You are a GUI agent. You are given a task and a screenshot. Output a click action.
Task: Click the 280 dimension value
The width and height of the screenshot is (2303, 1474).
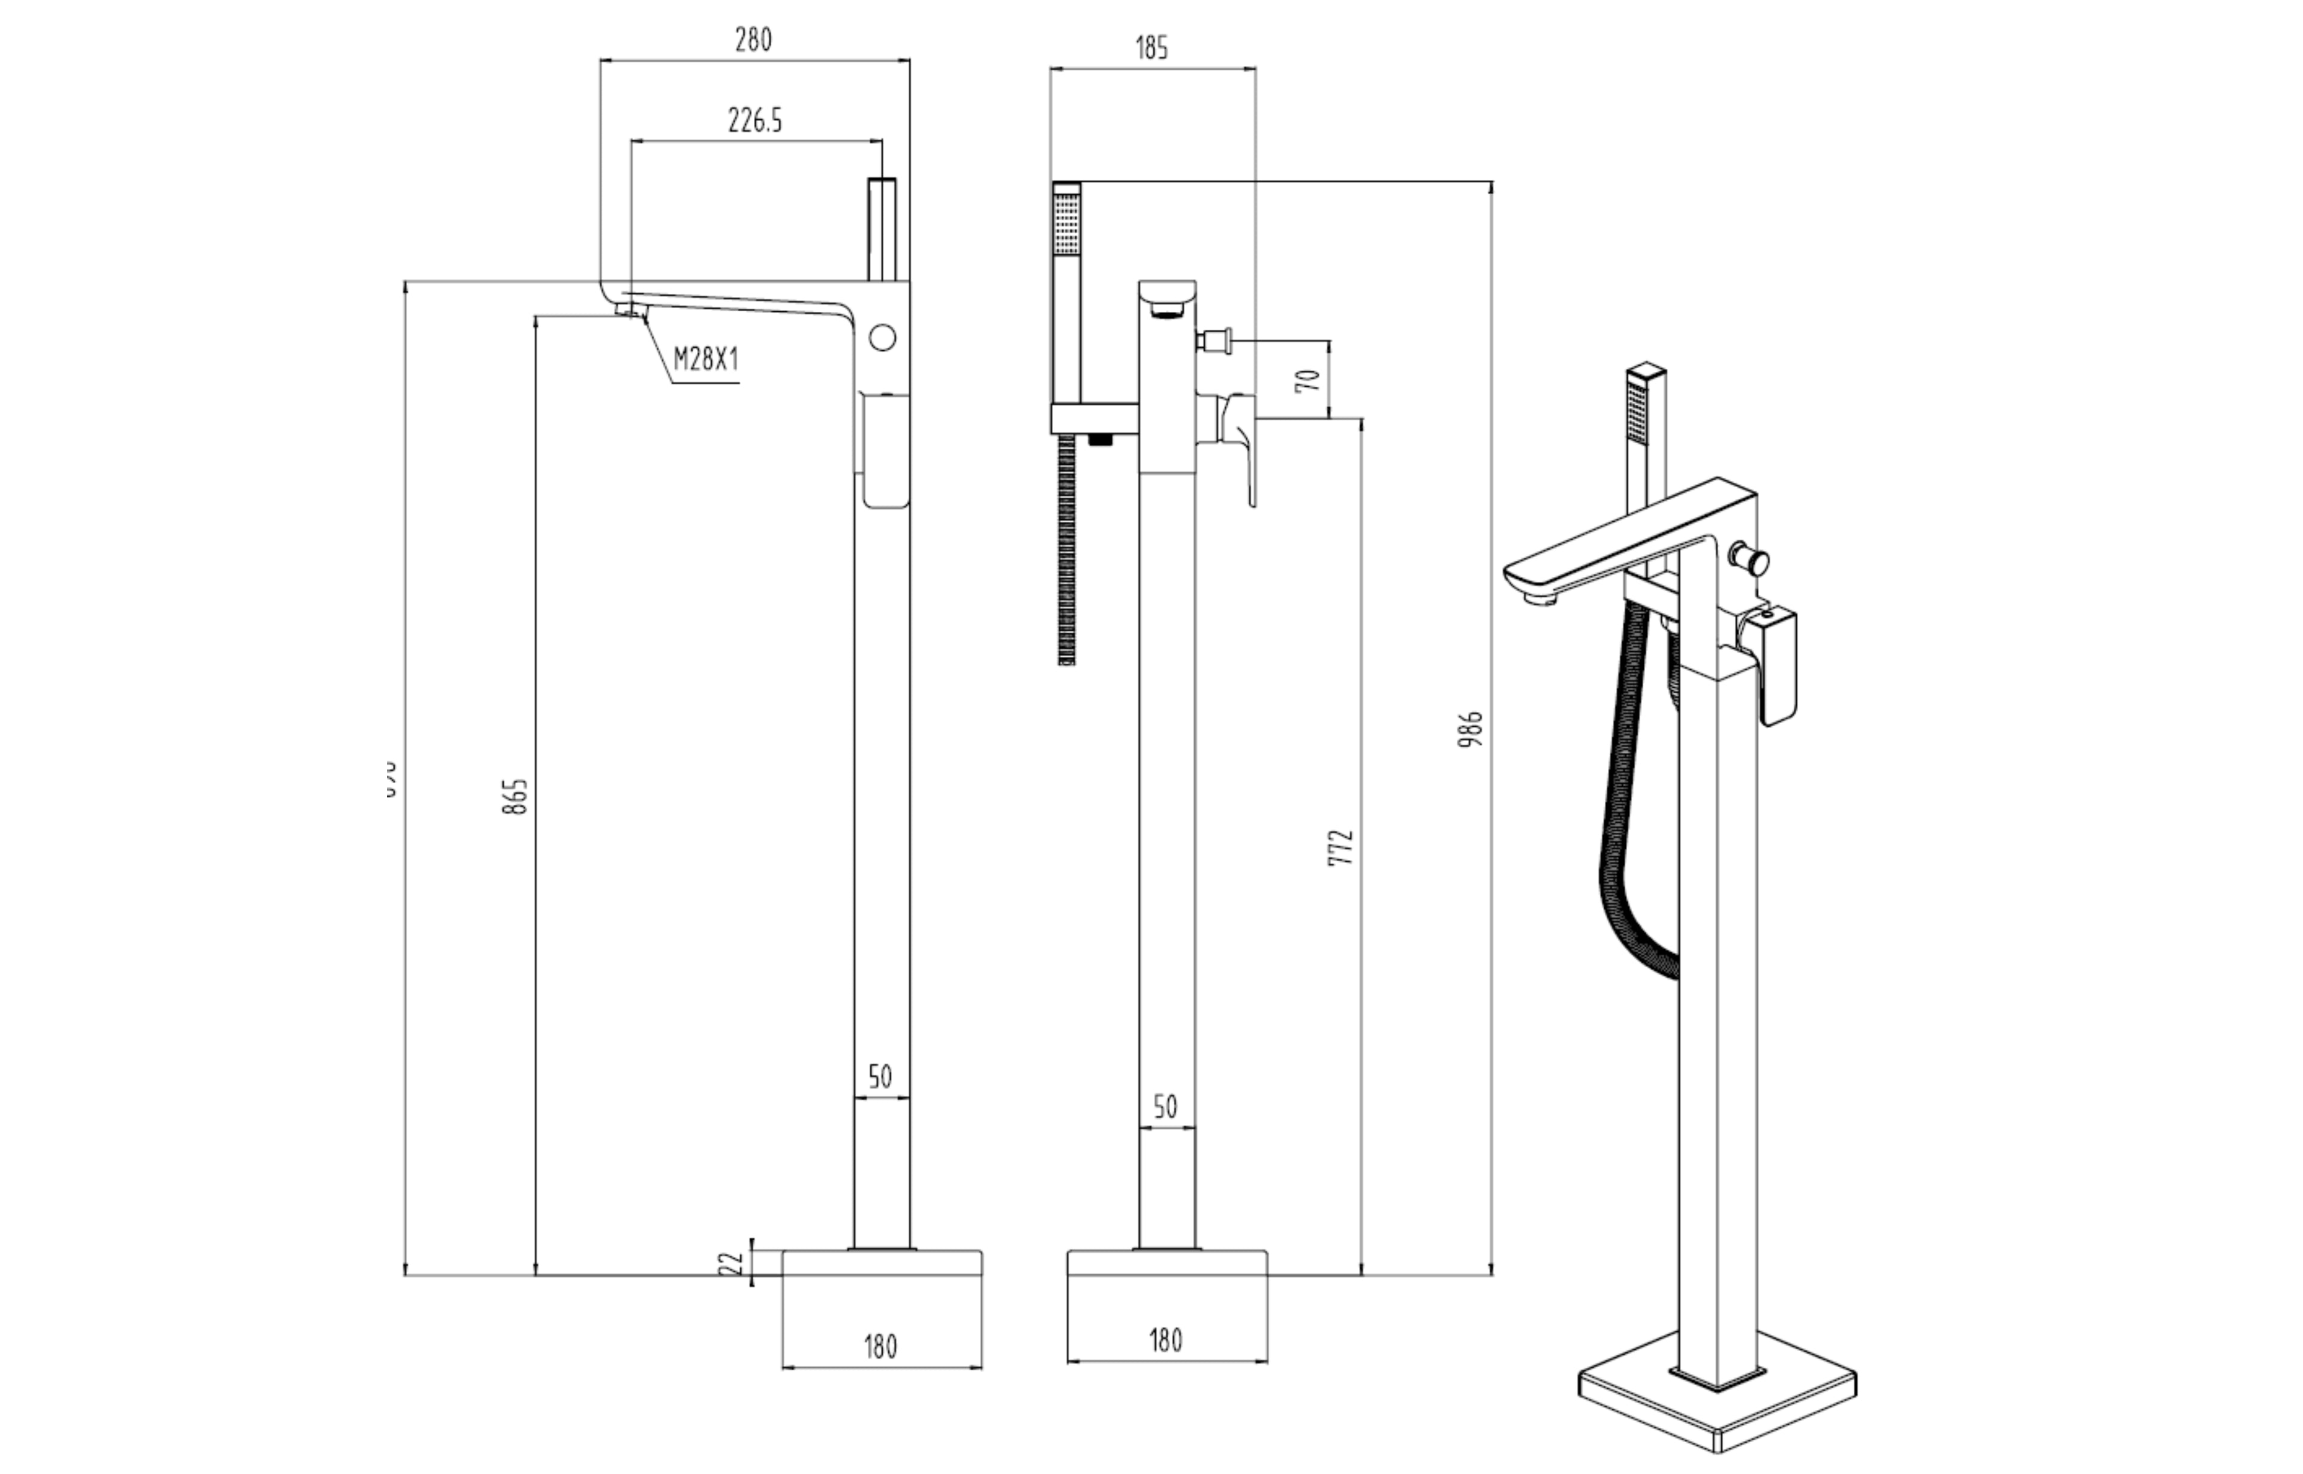[753, 40]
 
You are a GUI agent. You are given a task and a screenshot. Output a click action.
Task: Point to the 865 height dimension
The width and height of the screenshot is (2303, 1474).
[515, 796]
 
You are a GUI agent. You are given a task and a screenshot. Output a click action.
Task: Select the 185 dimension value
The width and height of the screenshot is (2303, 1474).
[1153, 48]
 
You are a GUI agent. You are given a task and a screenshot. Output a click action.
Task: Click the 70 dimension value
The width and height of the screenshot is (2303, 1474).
[1312, 380]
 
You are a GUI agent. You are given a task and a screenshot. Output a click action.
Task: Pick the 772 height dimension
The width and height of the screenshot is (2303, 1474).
[1343, 848]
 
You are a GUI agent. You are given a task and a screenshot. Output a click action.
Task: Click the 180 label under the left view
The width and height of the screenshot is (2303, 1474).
[880, 1347]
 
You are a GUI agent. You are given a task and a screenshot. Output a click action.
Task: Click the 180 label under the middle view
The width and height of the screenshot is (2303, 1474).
[1166, 1341]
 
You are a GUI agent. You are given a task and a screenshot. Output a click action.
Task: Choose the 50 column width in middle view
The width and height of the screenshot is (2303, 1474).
[1166, 1108]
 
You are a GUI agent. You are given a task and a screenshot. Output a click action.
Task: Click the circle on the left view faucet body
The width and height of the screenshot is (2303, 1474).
[883, 338]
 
